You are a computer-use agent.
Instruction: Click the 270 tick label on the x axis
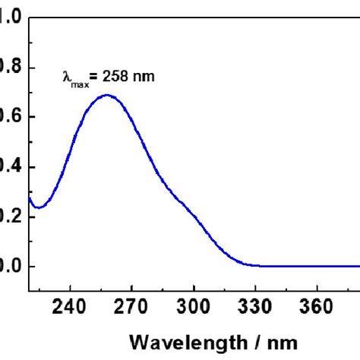[131, 310]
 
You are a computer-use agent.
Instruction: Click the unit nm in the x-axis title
[278, 340]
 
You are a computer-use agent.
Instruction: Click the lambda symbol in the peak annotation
[66, 76]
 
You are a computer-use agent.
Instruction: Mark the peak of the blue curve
[107, 95]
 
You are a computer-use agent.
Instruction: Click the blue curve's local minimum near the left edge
[39, 207]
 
